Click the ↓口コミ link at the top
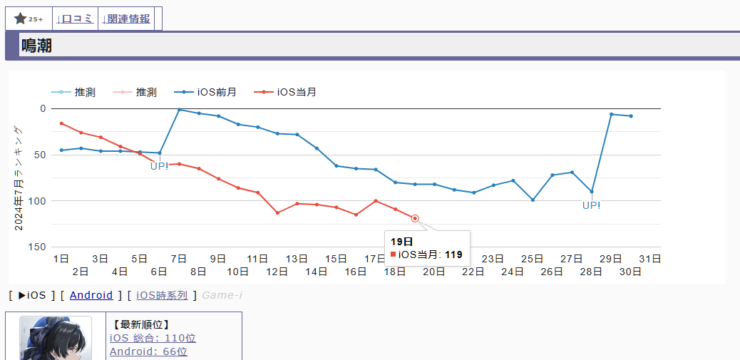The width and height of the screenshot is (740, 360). coord(75,19)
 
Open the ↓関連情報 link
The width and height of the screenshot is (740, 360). coord(126,19)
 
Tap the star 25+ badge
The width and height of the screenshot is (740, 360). coord(29,19)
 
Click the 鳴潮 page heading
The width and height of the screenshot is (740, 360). coord(36,46)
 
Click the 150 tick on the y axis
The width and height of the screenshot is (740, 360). coord(36,247)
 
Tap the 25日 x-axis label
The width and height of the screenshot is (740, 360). coord(532,259)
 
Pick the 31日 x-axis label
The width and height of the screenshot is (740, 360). coord(649,259)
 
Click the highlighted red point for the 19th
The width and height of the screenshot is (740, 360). coord(415,219)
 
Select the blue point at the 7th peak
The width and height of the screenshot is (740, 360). coord(179,110)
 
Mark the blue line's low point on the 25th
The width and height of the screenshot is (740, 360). coord(533,200)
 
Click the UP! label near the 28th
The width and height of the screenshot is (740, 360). coord(591,205)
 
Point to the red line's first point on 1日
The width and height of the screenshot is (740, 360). coord(61,123)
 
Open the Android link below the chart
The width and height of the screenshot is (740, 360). coord(91,295)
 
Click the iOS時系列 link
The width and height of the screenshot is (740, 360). coord(162,295)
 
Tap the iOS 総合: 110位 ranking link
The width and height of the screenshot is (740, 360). coord(153,338)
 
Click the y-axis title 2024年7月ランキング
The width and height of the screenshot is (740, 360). coord(19,178)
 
